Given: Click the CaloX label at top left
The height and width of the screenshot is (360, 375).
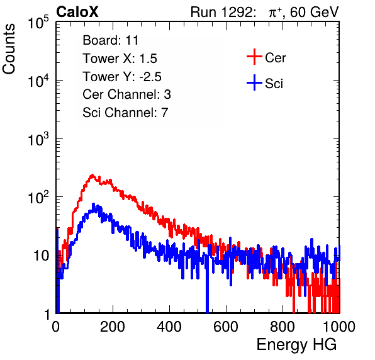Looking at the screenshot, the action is tap(77, 12).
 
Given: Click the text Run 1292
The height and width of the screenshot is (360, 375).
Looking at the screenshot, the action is tap(221, 12).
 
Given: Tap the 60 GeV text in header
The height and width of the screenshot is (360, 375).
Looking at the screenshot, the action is tap(314, 12).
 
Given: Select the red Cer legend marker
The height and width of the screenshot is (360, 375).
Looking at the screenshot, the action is tap(254, 57).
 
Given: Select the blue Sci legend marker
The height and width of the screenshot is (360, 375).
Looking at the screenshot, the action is tap(254, 83).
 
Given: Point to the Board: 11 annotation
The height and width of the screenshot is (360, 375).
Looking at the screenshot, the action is tap(111, 40).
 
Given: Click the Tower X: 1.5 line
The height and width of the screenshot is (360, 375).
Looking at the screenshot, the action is tap(120, 59).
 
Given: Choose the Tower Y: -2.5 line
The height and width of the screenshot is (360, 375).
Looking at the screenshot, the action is tap(122, 77).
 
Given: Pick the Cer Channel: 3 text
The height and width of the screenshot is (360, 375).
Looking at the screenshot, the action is tap(126, 94).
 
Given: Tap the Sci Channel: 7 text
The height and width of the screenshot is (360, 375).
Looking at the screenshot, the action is tap(125, 113).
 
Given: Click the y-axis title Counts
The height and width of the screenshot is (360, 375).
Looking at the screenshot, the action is tap(9, 49).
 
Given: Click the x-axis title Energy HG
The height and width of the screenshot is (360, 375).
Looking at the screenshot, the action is tap(296, 344).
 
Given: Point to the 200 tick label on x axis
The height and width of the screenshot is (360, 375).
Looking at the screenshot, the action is tap(113, 327).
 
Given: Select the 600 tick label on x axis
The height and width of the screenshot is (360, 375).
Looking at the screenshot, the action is tap(226, 327).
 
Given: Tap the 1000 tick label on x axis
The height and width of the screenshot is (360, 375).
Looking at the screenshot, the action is tap(339, 327).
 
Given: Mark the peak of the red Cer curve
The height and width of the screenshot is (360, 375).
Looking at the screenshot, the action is tap(92, 176).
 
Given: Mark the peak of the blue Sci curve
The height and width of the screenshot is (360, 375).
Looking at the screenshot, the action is tap(93, 205).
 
